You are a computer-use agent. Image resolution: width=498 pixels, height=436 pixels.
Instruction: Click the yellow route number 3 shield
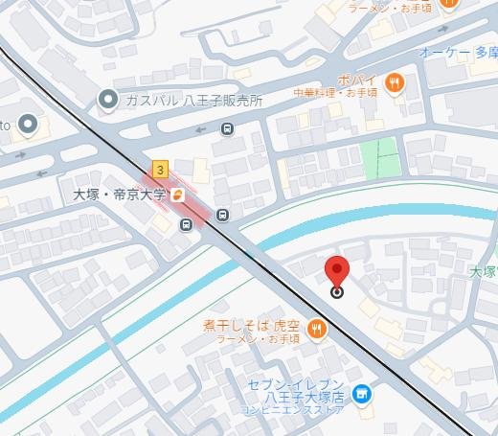point(159,170)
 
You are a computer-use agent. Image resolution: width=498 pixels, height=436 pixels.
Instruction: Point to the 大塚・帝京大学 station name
point(120,195)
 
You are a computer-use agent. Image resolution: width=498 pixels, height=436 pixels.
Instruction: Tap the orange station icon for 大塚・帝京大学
point(178,195)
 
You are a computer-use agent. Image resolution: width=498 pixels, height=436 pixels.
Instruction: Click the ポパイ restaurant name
point(354,80)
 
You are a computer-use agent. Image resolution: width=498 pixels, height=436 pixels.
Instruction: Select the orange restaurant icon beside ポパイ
point(393,83)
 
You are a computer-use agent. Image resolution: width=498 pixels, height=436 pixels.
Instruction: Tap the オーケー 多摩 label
point(458,52)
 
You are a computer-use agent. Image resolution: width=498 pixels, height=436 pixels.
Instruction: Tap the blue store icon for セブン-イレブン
point(362,393)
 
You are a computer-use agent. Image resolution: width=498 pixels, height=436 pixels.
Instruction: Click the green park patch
point(380,158)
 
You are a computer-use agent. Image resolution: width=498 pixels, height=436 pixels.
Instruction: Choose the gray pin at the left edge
point(28,125)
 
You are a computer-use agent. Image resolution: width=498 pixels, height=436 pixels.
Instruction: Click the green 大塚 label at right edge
point(484,272)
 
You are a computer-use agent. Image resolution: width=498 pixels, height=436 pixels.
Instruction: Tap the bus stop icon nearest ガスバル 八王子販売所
point(227,129)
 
